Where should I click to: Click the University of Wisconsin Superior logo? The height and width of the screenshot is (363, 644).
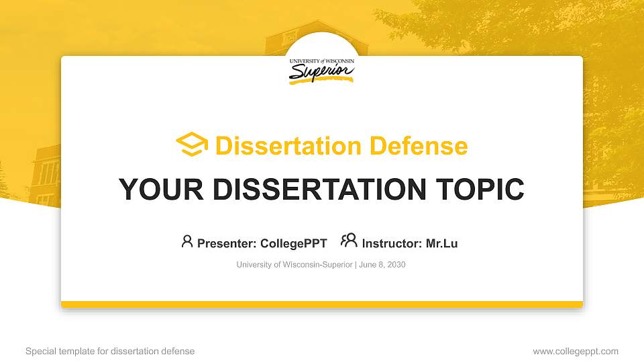point(322,70)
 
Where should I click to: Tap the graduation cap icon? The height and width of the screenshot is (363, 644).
point(192,145)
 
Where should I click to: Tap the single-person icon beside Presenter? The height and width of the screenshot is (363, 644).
point(187,241)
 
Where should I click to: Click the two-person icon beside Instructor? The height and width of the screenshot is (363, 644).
point(349,241)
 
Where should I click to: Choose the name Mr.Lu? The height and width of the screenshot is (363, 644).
point(441,243)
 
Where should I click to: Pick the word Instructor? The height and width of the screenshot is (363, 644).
point(391,243)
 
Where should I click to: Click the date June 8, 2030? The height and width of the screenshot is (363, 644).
point(382,265)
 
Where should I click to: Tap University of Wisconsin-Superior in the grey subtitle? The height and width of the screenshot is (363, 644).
point(294,265)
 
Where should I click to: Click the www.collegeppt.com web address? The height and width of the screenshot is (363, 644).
point(576,351)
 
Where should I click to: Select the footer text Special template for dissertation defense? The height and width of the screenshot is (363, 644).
point(110,351)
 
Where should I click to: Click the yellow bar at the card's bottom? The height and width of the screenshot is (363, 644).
point(322,305)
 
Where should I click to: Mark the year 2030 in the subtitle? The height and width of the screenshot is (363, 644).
point(396,265)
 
